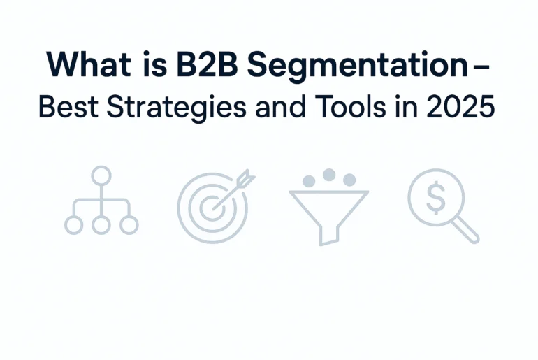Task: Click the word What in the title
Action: [x=89, y=64]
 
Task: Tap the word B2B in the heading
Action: [x=208, y=64]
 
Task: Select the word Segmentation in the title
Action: [x=358, y=66]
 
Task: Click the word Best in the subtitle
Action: [x=68, y=106]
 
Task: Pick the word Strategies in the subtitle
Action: [x=176, y=108]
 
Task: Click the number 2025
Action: [x=460, y=106]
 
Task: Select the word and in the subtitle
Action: [x=280, y=106]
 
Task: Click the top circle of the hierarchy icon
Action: [x=101, y=175]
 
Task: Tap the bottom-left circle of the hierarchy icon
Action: [x=74, y=225]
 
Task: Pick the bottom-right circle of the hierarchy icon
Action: [x=129, y=225]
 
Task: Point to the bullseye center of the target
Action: [x=212, y=208]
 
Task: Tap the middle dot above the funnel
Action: [x=329, y=175]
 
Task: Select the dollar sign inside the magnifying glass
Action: [x=436, y=198]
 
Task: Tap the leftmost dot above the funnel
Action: [x=309, y=181]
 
